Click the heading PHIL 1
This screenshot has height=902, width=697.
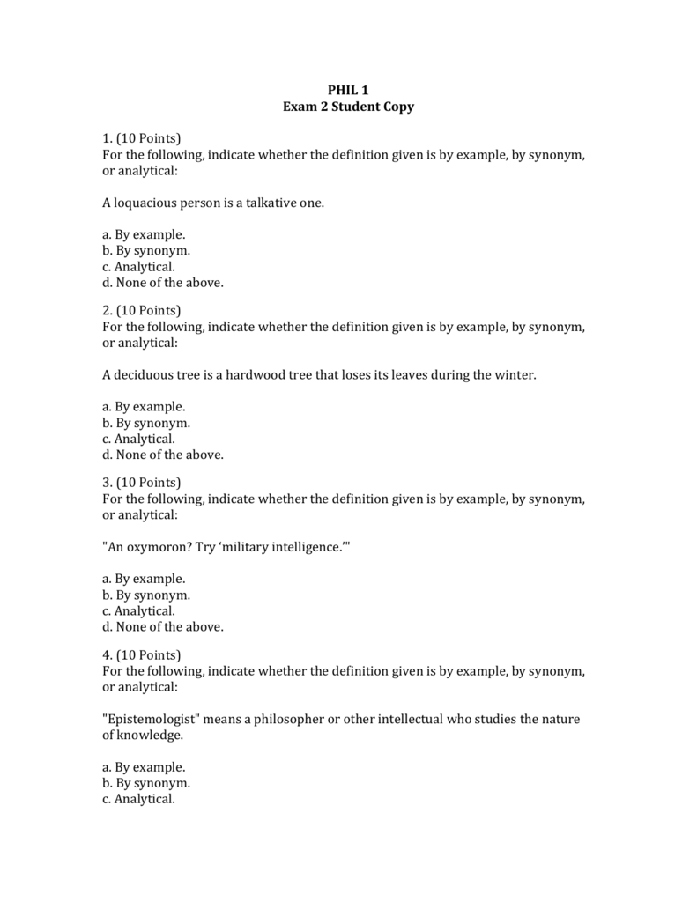[348, 90]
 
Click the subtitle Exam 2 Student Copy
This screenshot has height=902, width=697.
[348, 107]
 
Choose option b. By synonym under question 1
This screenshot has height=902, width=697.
[146, 250]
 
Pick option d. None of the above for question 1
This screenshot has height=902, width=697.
[163, 283]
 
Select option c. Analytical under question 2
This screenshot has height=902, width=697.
[138, 439]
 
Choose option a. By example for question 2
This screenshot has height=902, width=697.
[144, 407]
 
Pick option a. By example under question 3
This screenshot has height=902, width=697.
[144, 579]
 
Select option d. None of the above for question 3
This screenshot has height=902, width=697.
[163, 627]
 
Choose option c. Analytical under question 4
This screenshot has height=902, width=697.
[138, 799]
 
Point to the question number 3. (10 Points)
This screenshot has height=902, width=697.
[141, 483]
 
